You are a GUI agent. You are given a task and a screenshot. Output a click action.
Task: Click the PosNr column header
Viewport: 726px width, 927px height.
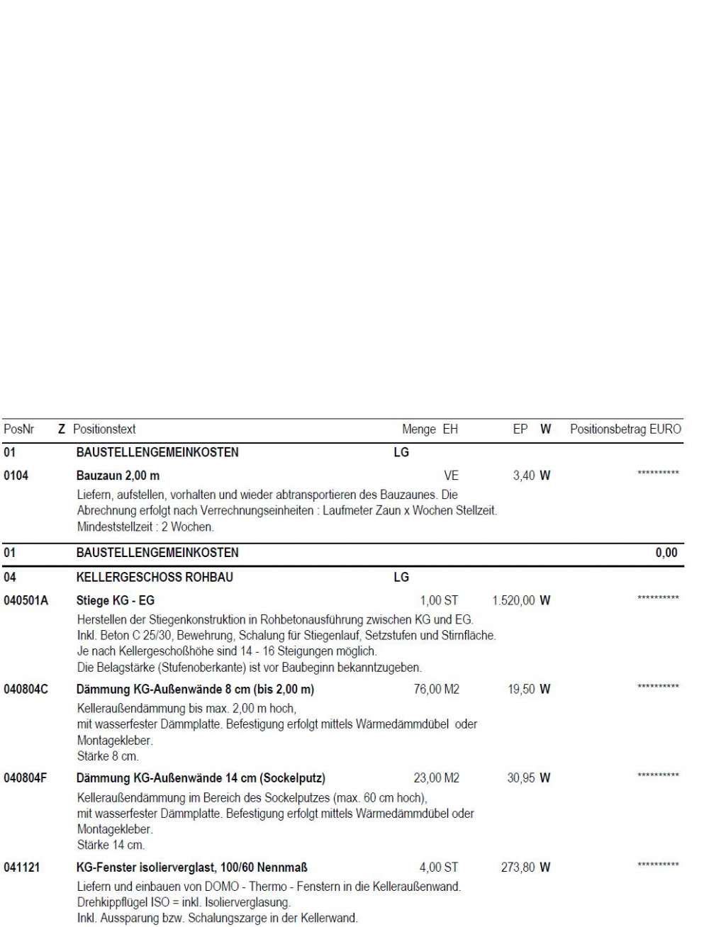click(19, 429)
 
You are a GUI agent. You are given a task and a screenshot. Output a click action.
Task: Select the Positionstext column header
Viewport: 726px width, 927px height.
click(104, 429)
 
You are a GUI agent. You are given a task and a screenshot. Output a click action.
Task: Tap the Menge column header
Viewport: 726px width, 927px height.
click(418, 429)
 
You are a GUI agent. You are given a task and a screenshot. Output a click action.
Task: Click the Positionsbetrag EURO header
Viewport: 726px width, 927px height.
click(625, 429)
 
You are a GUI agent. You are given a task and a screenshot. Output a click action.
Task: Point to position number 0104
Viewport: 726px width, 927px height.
click(16, 476)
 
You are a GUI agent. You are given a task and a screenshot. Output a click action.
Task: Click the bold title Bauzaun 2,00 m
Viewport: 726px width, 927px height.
click(118, 476)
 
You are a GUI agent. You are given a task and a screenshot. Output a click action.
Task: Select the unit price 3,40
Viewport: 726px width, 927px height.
click(524, 476)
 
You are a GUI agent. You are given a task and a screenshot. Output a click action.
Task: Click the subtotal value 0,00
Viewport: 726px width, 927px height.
click(666, 553)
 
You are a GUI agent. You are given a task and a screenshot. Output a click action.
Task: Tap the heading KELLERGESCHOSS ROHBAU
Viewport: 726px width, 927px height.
click(155, 578)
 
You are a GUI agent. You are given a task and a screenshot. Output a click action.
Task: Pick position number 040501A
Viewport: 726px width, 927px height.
click(26, 601)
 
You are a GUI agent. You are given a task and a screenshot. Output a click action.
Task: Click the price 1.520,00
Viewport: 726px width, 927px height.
click(514, 601)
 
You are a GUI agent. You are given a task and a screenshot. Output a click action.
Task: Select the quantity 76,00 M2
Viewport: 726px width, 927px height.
click(436, 690)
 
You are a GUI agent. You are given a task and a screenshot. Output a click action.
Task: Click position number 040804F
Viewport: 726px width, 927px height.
click(26, 778)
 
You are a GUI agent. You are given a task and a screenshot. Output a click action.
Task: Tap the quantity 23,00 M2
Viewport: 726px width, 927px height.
click(436, 778)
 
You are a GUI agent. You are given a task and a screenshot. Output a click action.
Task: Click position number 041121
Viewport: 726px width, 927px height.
click(21, 867)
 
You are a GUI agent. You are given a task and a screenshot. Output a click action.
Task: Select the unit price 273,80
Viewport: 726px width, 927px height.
click(518, 867)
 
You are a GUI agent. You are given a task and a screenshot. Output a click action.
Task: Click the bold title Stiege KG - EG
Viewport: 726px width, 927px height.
click(115, 601)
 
